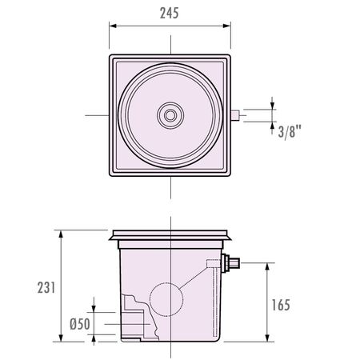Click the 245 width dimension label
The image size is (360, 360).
[169, 13]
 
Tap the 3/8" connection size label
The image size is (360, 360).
[290, 131]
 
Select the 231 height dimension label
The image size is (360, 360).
[46, 287]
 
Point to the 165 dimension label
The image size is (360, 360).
[281, 305]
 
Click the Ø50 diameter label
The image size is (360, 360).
[80, 324]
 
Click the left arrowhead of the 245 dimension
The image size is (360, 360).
[113, 26]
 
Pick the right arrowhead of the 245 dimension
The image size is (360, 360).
[226, 26]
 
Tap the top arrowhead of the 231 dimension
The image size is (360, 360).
[61, 234]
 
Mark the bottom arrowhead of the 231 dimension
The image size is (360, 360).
[61, 338]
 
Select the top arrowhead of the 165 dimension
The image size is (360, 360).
[267, 266]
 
